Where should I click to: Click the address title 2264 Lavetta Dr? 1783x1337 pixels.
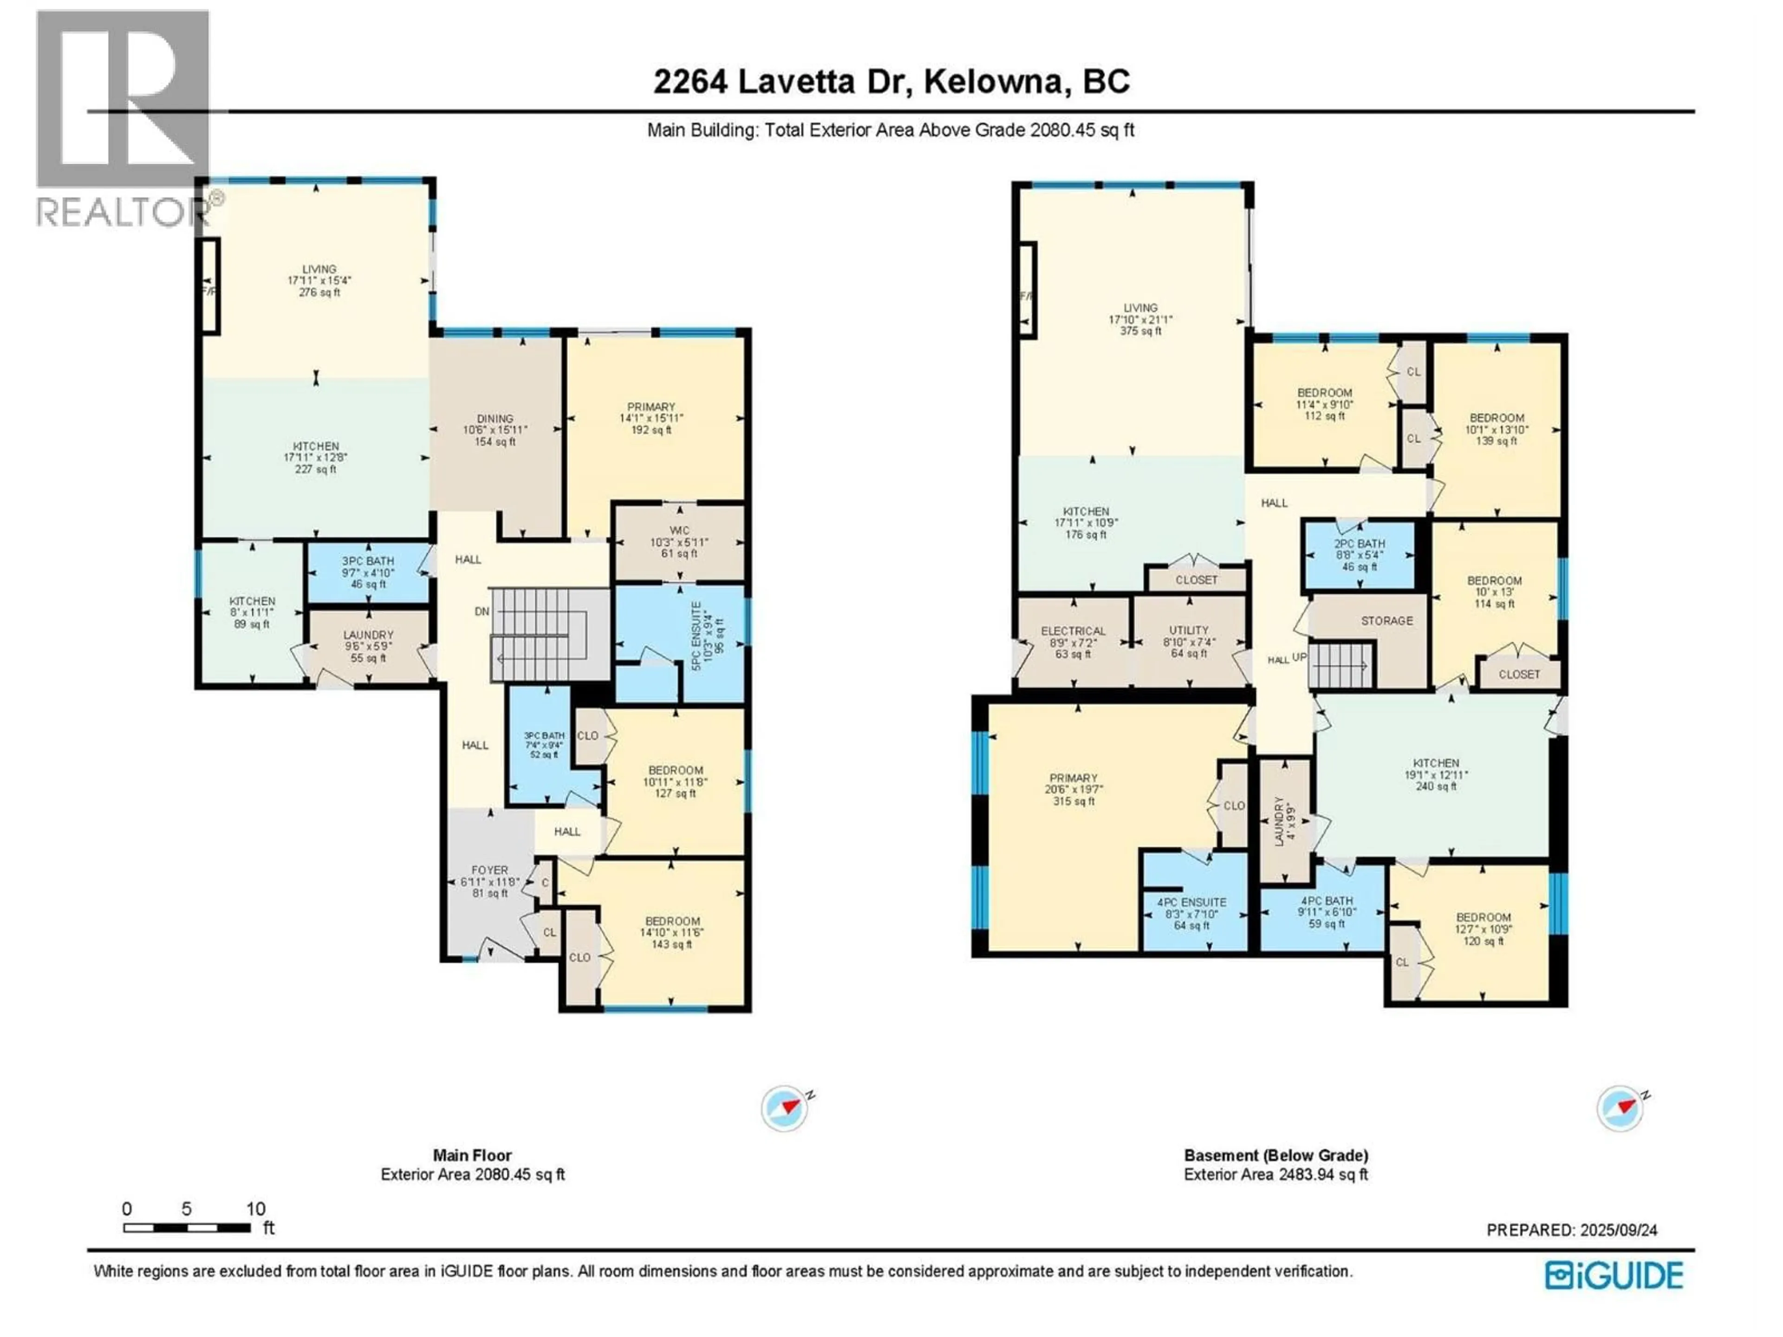pyautogui.click(x=891, y=81)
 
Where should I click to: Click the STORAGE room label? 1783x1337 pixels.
pyautogui.click(x=1386, y=621)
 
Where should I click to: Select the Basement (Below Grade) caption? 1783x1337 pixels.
pyautogui.click(x=1275, y=1155)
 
